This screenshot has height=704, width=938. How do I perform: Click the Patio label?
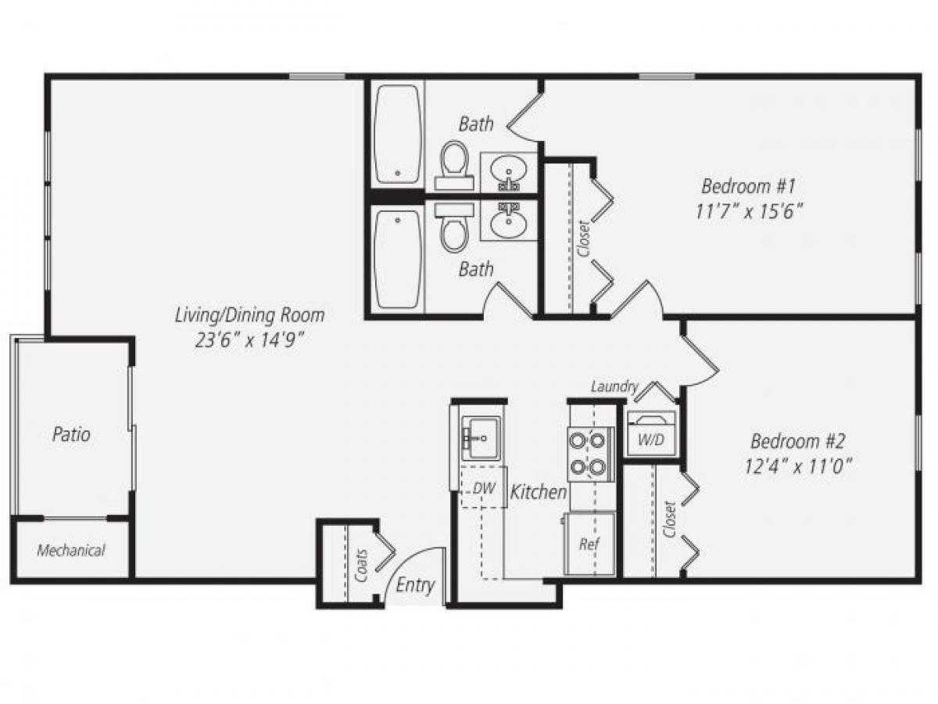point(71,434)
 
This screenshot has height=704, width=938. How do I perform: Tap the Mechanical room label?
point(71,551)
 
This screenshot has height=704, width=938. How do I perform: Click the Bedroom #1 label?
point(748,187)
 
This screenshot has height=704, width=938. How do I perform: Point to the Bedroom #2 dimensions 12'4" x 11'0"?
point(797,465)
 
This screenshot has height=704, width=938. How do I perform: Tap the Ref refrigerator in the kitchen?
point(589,543)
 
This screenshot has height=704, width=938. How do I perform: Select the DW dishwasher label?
point(485,487)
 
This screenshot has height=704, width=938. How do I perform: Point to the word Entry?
point(415,585)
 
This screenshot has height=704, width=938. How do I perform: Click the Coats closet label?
point(362,569)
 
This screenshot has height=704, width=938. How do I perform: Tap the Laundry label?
point(614,386)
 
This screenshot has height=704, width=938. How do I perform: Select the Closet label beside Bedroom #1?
point(582,238)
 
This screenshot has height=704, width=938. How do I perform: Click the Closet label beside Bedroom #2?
point(669,519)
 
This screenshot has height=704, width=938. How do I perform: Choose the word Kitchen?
point(539,492)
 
